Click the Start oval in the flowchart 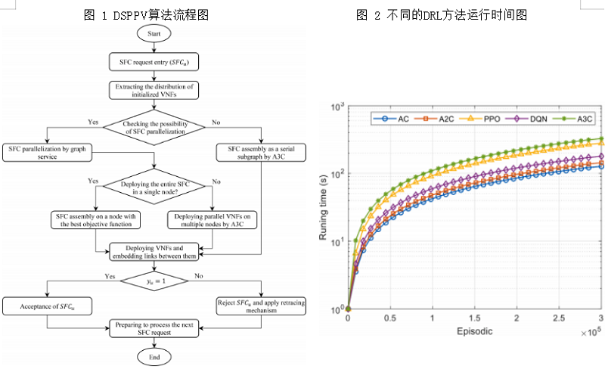154,35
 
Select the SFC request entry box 154,61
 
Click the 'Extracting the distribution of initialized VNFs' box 154,89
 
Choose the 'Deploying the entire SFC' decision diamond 154,185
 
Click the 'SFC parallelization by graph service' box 46,150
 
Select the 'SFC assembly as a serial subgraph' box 262,150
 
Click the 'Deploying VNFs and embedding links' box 154,251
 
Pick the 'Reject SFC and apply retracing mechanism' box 262,305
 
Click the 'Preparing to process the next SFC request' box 154,327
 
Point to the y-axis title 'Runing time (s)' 323,206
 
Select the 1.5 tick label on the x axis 474,318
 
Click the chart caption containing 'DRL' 453,14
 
